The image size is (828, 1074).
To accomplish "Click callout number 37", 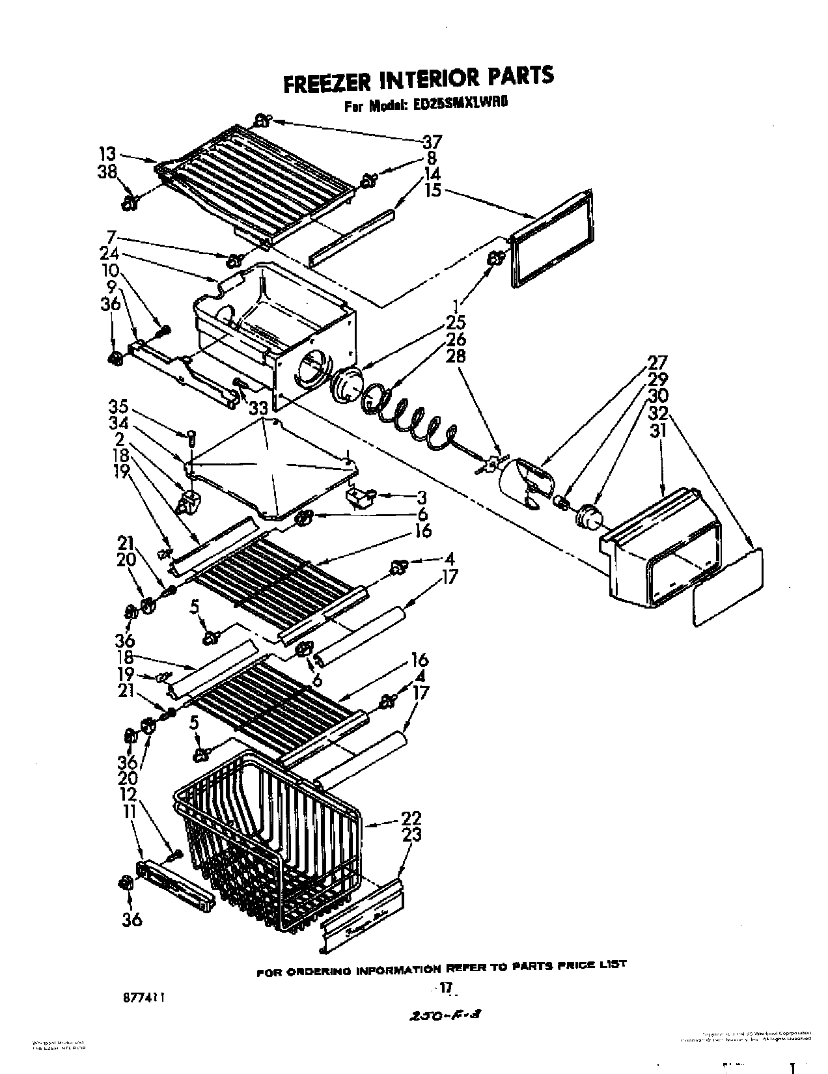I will tap(432, 141).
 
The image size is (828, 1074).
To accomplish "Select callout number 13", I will tap(107, 154).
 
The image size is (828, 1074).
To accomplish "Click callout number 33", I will tap(258, 408).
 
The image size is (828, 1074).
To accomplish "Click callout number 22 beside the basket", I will tap(411, 818).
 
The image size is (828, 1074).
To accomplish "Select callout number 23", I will tap(411, 835).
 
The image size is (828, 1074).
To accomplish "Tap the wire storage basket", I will tap(267, 840).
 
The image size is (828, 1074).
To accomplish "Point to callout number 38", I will tap(107, 172).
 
